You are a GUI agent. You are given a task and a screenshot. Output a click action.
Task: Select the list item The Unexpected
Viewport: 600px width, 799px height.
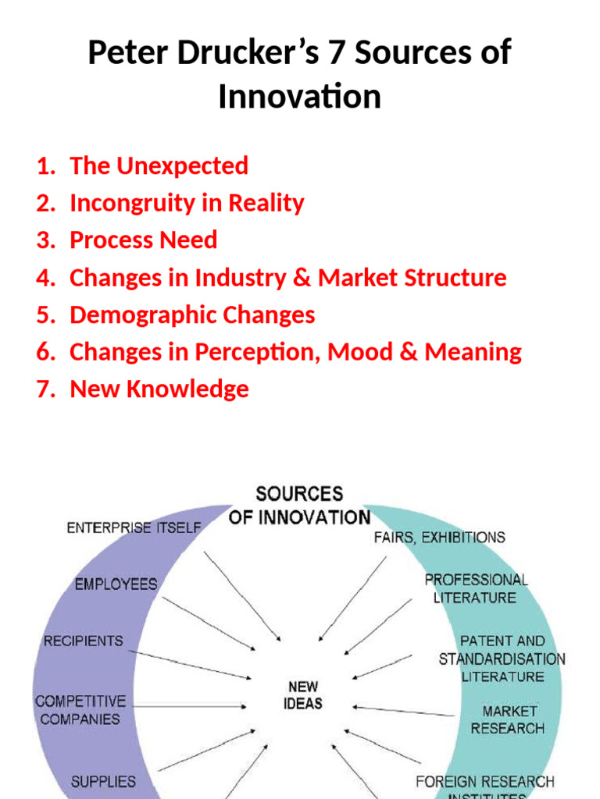pyautogui.click(x=159, y=165)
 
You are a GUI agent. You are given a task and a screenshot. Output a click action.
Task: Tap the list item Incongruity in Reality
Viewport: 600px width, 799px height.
pyautogui.click(x=187, y=203)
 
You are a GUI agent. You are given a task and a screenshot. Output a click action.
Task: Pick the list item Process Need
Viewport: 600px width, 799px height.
pyautogui.click(x=143, y=240)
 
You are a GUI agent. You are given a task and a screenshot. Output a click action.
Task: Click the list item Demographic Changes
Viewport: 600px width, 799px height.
pyautogui.click(x=192, y=314)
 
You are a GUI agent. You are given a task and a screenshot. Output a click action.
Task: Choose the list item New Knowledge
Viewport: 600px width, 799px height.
pyautogui.click(x=159, y=389)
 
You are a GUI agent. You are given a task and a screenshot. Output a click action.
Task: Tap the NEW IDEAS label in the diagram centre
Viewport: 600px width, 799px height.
pyautogui.click(x=303, y=694)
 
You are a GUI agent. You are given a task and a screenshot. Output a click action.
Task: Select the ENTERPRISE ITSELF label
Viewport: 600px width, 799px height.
pyautogui.click(x=134, y=527)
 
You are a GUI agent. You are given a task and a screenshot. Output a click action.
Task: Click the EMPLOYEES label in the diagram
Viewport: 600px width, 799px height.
pyautogui.click(x=116, y=584)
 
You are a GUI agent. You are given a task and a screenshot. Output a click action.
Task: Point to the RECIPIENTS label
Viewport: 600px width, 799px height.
pyautogui.click(x=83, y=641)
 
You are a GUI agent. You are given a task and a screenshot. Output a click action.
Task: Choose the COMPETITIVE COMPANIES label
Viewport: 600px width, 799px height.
pyautogui.click(x=80, y=710)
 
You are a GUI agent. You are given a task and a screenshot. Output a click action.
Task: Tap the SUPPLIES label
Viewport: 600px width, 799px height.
pyautogui.click(x=103, y=781)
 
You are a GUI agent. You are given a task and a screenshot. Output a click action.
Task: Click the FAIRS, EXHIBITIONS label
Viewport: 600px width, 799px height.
pyautogui.click(x=439, y=537)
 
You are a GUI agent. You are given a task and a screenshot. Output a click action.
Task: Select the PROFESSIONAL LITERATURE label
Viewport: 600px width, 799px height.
pyautogui.click(x=476, y=588)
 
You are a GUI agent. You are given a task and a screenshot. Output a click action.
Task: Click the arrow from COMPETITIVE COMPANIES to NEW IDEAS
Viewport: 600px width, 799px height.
pyautogui.click(x=187, y=707)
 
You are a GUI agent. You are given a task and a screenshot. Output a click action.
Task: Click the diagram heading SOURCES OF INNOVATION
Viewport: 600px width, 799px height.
pyautogui.click(x=299, y=506)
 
